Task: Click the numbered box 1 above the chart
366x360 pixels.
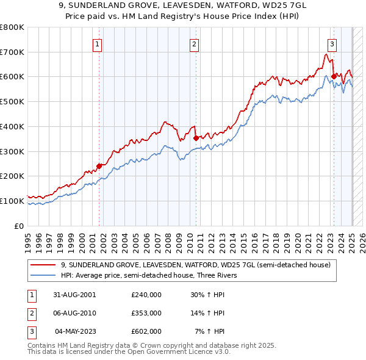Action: pyautogui.click(x=98, y=43)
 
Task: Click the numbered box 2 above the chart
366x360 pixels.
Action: pyautogui.click(x=194, y=43)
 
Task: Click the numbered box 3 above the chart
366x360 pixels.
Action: pyautogui.click(x=332, y=43)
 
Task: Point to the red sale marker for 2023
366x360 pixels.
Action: pyautogui.click(x=334, y=76)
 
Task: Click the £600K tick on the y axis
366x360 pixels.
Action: pyautogui.click(x=12, y=77)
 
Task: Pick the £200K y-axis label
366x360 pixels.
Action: pyautogui.click(x=12, y=176)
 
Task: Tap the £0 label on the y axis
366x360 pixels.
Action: pyautogui.click(x=19, y=226)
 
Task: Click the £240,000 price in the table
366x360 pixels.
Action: pyautogui.click(x=146, y=295)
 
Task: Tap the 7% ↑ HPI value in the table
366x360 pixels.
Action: pyautogui.click(x=210, y=331)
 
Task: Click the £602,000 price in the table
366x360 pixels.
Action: pyautogui.click(x=146, y=331)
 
